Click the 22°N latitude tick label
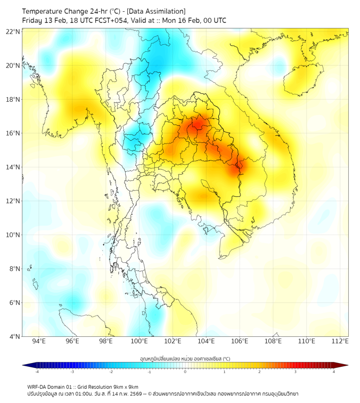(13, 31)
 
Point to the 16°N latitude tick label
(13, 133)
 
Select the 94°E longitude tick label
(39, 341)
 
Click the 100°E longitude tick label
(139, 341)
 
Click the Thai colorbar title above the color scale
(185, 359)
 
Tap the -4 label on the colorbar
(36, 372)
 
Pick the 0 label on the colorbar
(185, 372)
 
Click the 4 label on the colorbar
(334, 372)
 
